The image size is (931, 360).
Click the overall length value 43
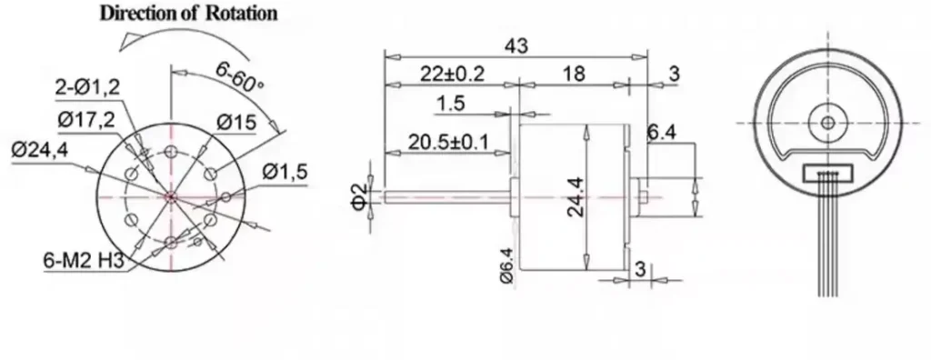(x=516, y=45)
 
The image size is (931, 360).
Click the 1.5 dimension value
(x=450, y=105)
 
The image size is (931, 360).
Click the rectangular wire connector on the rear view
(x=826, y=171)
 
